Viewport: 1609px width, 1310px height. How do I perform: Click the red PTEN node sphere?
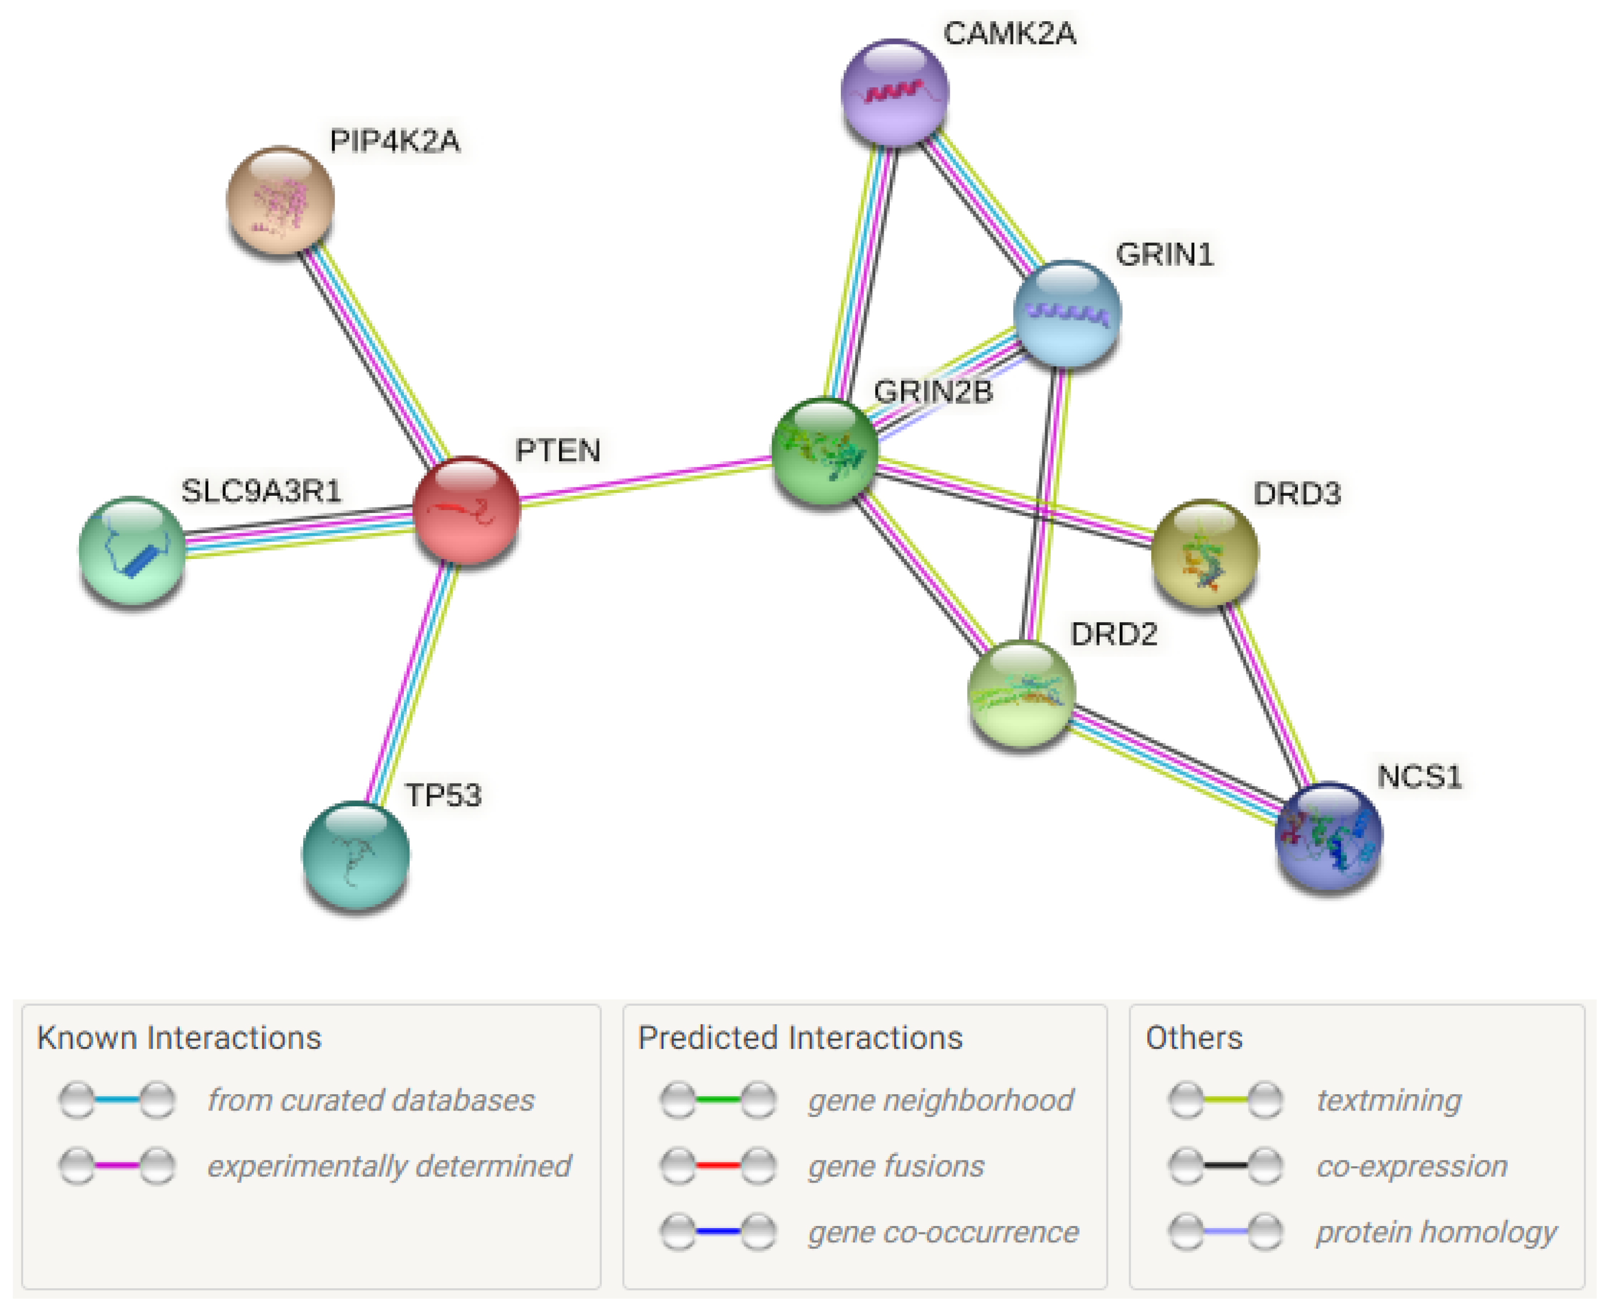(466, 510)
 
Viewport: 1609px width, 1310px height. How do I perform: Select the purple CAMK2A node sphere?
(895, 92)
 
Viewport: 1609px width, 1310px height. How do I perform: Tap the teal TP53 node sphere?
(355, 854)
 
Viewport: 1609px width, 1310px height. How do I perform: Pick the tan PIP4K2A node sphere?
(280, 200)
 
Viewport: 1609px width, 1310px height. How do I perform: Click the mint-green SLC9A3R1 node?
(132, 550)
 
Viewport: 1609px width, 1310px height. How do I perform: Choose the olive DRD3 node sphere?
(1205, 553)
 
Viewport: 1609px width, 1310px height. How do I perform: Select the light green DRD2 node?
(1020, 693)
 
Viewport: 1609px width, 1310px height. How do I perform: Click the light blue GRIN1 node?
(1066, 313)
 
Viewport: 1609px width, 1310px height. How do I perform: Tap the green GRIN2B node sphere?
(825, 450)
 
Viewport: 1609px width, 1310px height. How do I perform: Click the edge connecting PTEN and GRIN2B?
(645, 480)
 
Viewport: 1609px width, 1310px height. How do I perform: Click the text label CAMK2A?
(1009, 33)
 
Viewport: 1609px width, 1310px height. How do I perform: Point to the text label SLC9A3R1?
(261, 491)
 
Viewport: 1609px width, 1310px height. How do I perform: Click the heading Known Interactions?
(180, 1037)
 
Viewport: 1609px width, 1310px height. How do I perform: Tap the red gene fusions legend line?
(717, 1166)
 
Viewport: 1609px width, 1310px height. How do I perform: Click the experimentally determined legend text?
(389, 1166)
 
